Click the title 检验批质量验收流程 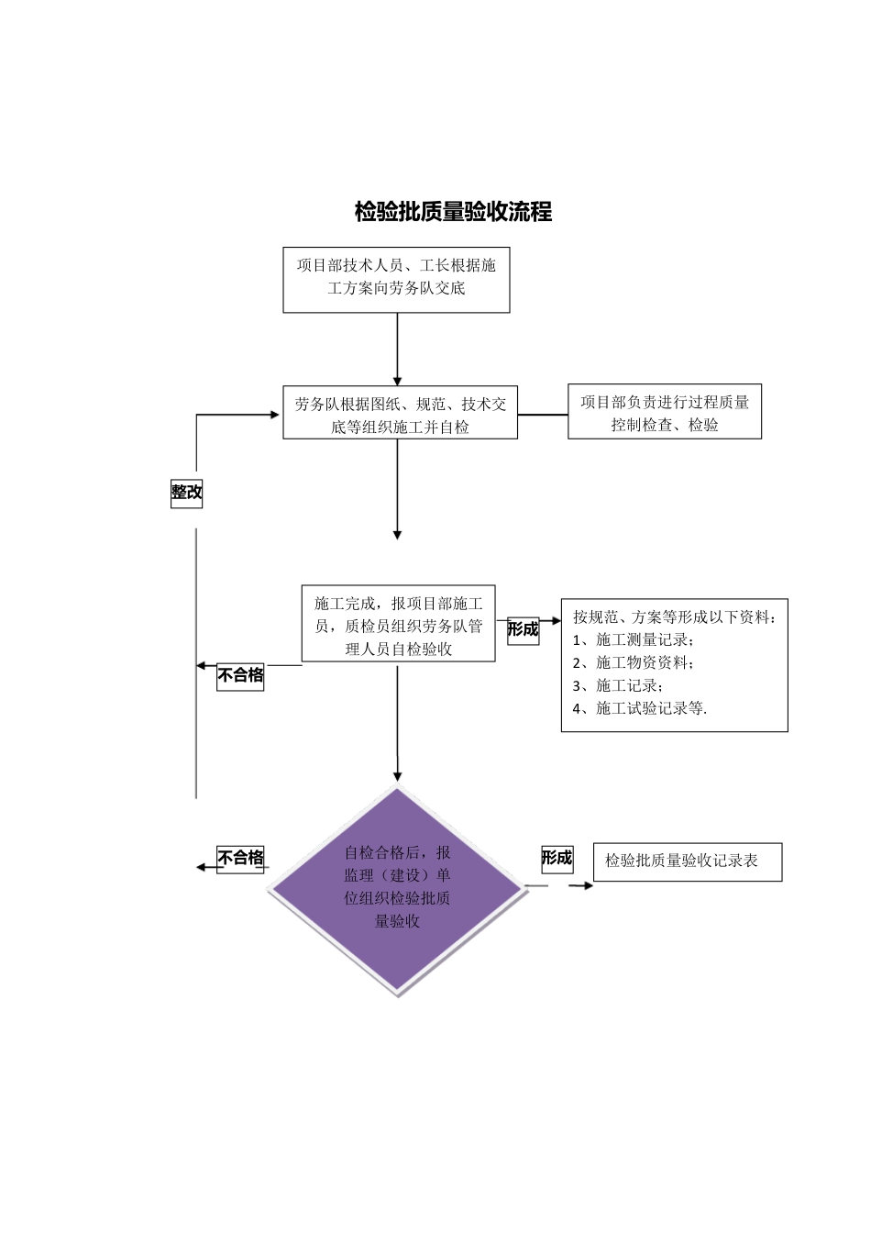(x=453, y=212)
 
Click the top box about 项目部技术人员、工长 (x=396, y=279)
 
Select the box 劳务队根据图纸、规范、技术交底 (x=400, y=414)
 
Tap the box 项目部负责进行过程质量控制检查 (x=664, y=412)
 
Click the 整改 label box (x=186, y=492)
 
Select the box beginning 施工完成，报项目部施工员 (x=398, y=624)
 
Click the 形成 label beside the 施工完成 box (x=523, y=629)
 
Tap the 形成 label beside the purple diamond (x=557, y=858)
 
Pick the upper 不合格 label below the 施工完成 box (x=240, y=675)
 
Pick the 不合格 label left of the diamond (x=240, y=858)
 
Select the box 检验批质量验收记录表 (x=687, y=861)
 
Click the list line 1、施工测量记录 (x=634, y=639)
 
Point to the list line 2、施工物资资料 (x=634, y=662)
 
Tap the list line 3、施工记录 (x=618, y=685)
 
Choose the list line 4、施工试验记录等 (x=640, y=708)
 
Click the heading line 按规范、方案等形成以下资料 (x=675, y=616)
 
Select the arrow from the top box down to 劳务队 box (x=397, y=349)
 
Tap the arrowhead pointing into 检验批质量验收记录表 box (x=587, y=885)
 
